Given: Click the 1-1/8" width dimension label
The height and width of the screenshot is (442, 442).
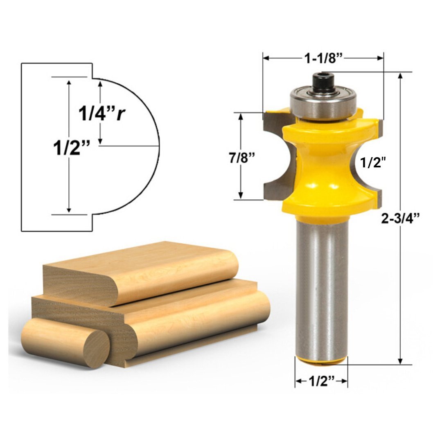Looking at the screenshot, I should tap(323, 59).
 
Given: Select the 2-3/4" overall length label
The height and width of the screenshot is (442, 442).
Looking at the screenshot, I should tap(401, 219).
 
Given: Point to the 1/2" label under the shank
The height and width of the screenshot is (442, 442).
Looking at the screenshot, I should tap(321, 381).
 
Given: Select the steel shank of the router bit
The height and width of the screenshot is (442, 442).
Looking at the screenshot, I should tap(322, 286).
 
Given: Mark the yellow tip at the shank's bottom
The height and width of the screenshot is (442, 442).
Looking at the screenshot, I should tap(322, 361).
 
